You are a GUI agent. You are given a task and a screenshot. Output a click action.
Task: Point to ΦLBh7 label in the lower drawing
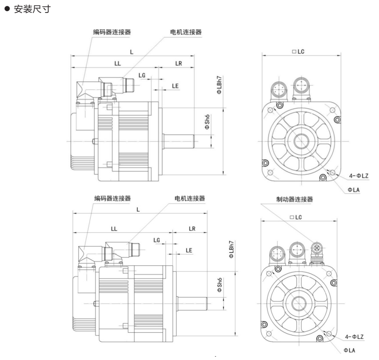231,250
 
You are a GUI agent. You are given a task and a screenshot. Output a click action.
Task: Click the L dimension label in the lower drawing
138,209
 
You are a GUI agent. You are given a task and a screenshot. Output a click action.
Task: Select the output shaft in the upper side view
178,141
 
